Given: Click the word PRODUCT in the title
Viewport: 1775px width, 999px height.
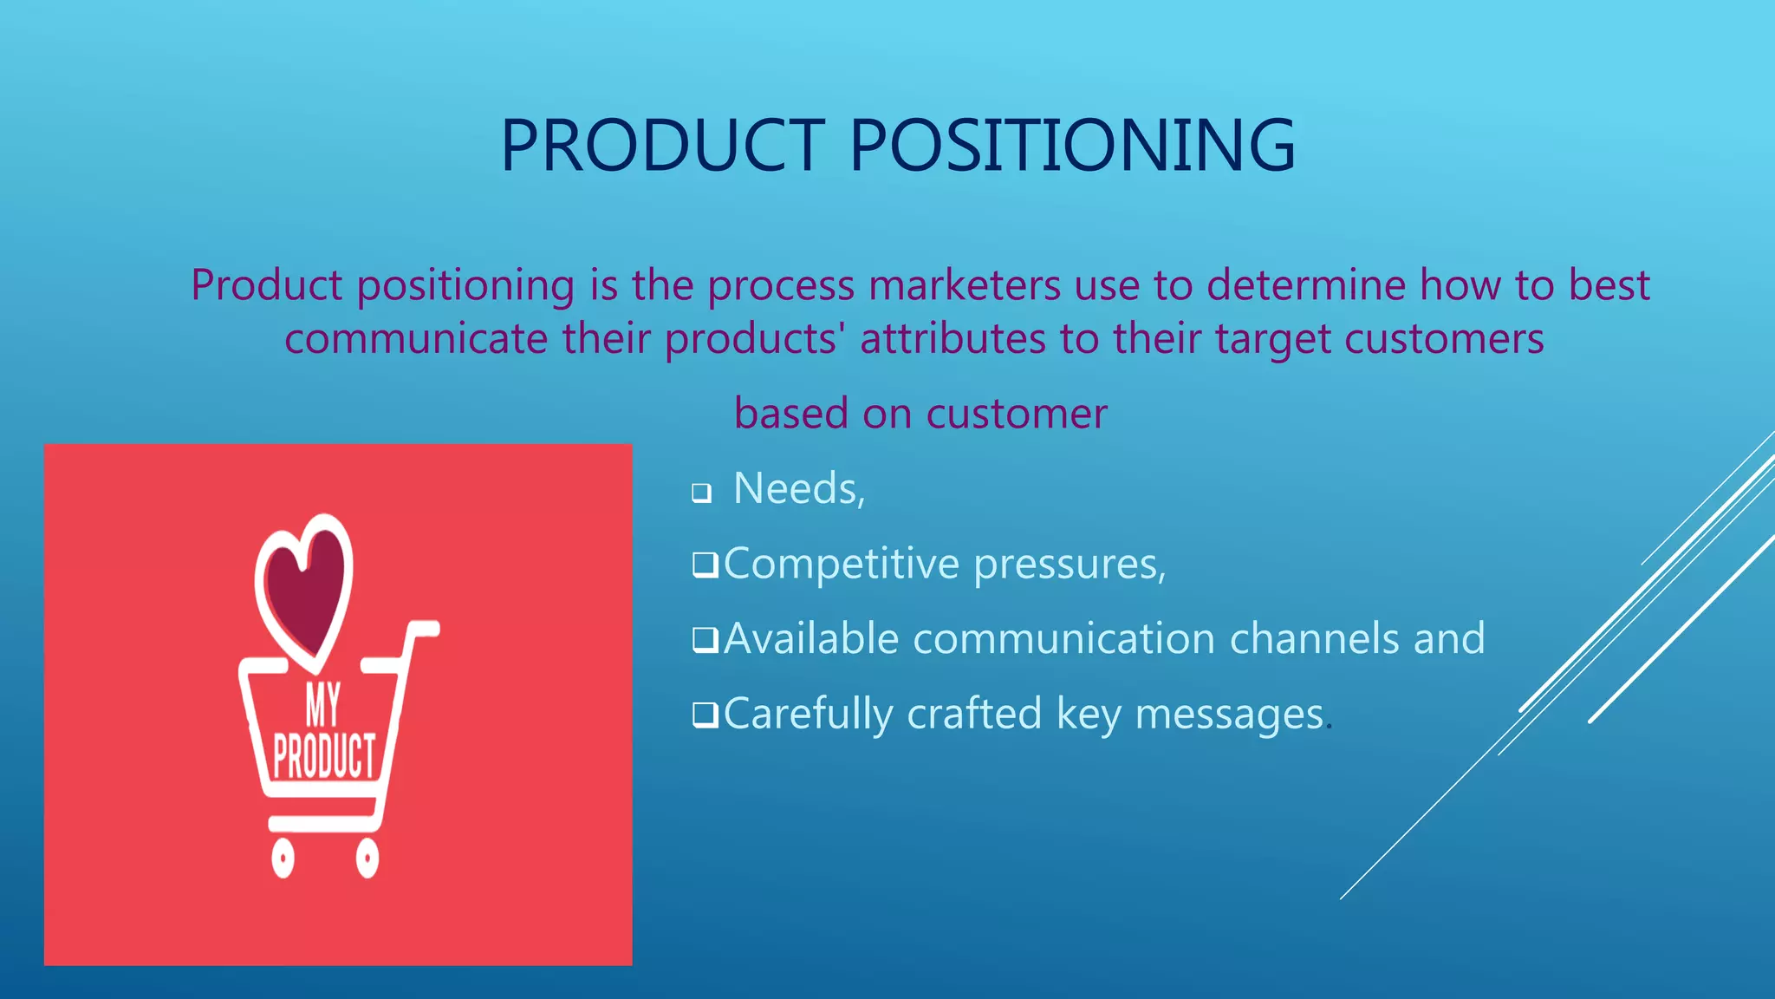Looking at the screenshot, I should (661, 145).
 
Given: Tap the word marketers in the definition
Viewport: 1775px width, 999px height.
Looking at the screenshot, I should (964, 285).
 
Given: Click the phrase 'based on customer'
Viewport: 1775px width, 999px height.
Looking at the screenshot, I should (920, 414).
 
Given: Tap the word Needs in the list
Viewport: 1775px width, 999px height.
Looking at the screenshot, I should (797, 488).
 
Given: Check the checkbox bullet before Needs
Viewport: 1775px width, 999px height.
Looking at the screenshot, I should (701, 493).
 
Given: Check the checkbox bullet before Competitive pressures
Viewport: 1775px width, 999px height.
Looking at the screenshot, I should (705, 565).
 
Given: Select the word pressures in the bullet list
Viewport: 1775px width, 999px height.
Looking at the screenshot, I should (1069, 565).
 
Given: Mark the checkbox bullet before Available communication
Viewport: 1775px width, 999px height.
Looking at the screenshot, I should (705, 640).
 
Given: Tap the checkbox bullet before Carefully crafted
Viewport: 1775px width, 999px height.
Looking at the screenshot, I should (705, 715).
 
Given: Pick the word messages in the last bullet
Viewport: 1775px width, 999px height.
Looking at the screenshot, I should (1229, 715).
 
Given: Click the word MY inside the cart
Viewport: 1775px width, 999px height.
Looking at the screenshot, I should (322, 705).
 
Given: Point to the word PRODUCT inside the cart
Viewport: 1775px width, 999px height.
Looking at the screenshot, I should (324, 755).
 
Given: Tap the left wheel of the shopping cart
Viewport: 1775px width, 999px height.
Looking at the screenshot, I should (283, 858).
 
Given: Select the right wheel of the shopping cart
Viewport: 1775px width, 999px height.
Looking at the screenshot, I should (367, 858).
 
